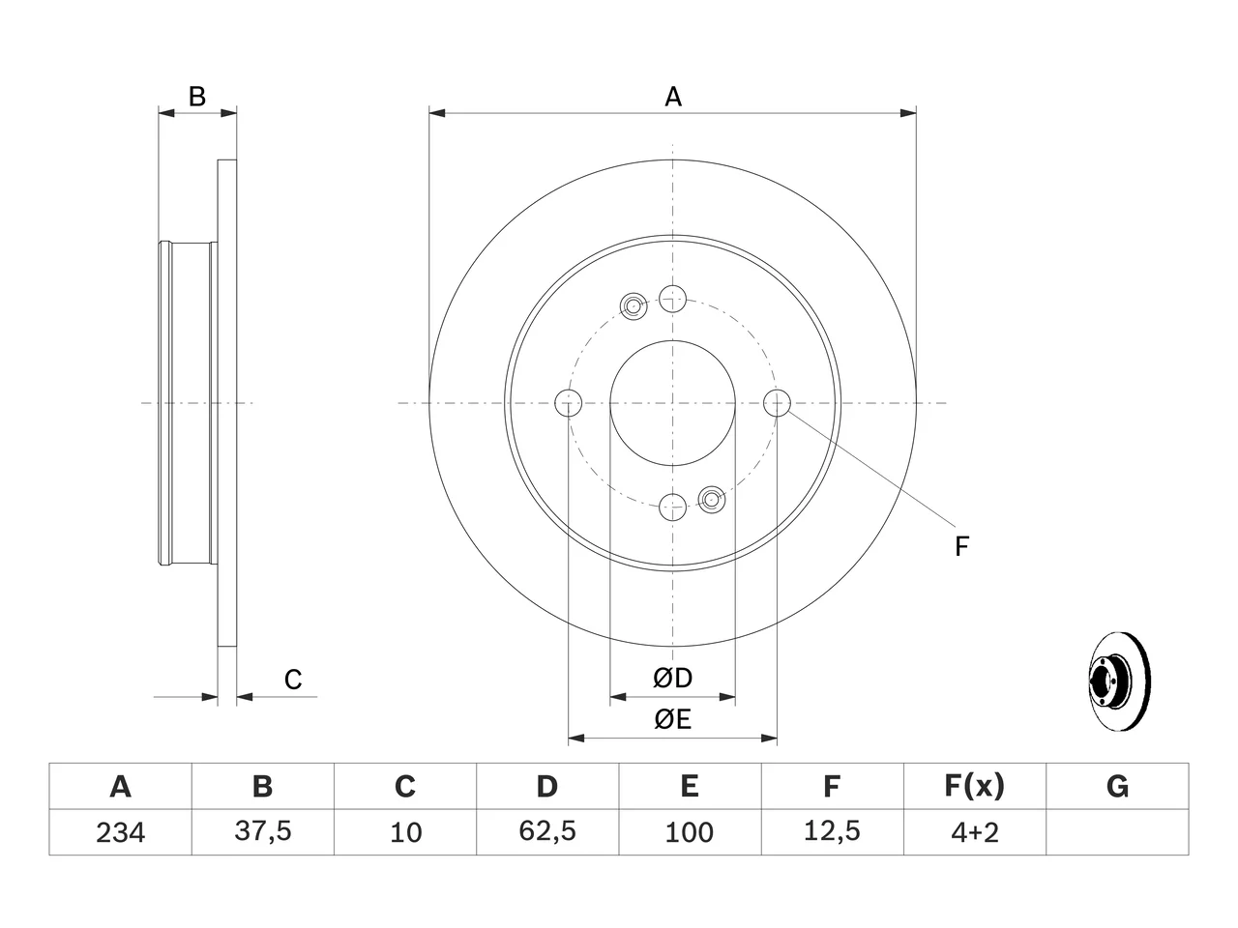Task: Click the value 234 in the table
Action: [120, 832]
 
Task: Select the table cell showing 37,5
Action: [263, 832]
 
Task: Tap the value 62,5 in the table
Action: [547, 831]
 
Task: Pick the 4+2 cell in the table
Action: [975, 832]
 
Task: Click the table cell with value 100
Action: [690, 832]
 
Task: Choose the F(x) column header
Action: [975, 787]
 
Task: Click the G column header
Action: [1117, 787]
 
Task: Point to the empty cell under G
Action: [1117, 832]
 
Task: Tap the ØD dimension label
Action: [672, 679]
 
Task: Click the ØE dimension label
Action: [672, 720]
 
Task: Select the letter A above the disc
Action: [673, 97]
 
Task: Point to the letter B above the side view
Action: [197, 97]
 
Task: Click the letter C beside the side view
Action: [293, 680]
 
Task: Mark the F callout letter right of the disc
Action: [961, 546]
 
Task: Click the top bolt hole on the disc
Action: [672, 299]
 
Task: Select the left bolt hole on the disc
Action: [568, 403]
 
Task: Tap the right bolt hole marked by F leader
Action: [777, 403]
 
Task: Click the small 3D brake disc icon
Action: [1119, 681]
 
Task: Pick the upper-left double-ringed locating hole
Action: [634, 306]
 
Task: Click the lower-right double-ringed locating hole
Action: [711, 499]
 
